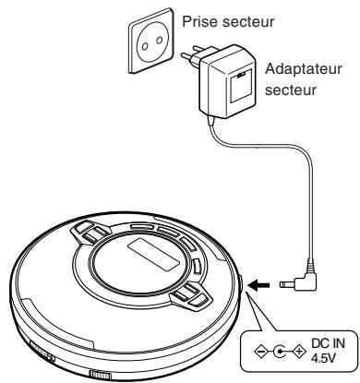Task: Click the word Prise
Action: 204,19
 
